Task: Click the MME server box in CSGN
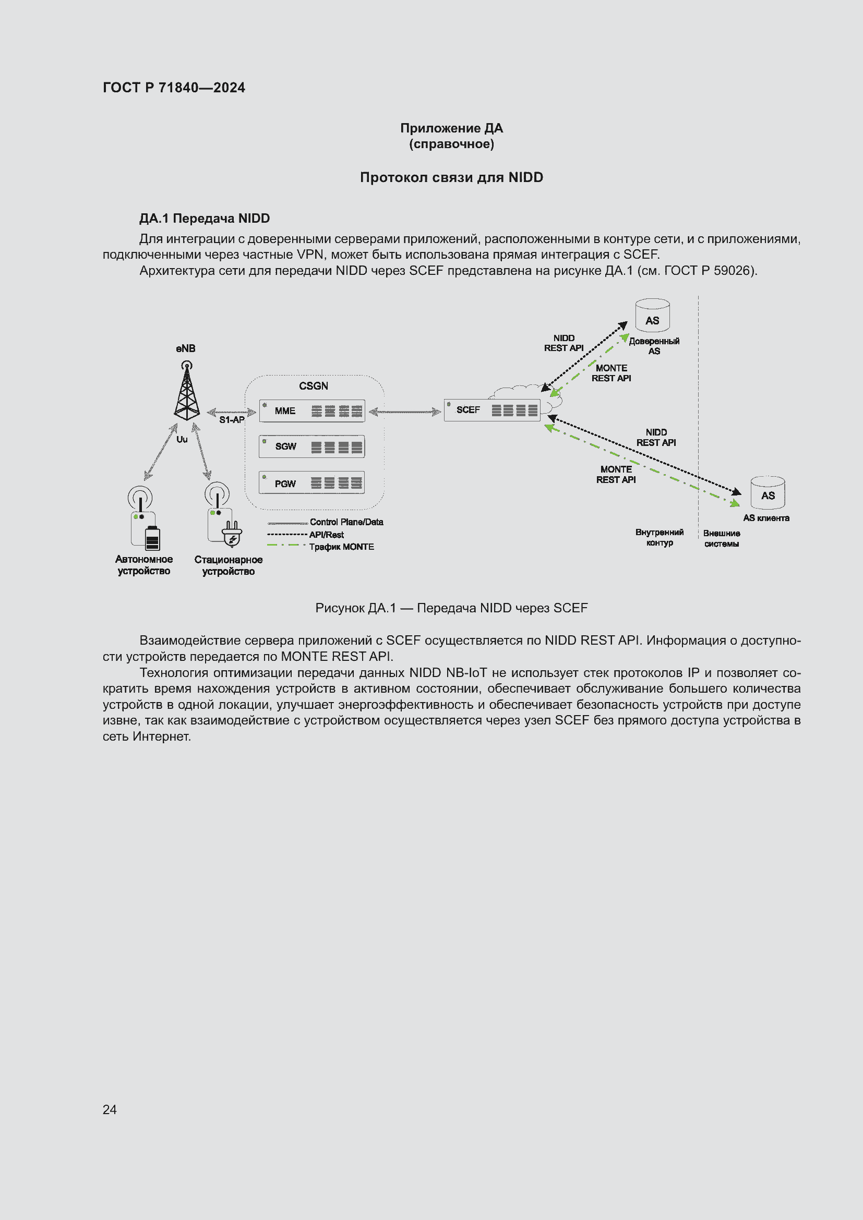tap(312, 410)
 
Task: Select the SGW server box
tap(312, 446)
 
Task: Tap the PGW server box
tap(312, 482)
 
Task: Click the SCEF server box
tap(492, 409)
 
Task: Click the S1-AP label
tap(232, 420)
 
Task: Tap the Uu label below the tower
tap(182, 439)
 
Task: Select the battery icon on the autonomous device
tap(152, 538)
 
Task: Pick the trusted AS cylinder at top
tap(652, 316)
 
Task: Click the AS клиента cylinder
tap(768, 492)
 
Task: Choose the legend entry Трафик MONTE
tap(341, 547)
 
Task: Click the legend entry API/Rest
tap(326, 535)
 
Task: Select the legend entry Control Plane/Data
tap(346, 522)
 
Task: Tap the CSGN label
tap(313, 386)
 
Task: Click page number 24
tap(110, 1109)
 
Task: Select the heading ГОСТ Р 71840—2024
tap(174, 88)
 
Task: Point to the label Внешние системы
tap(721, 538)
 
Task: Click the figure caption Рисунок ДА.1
tap(451, 608)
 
